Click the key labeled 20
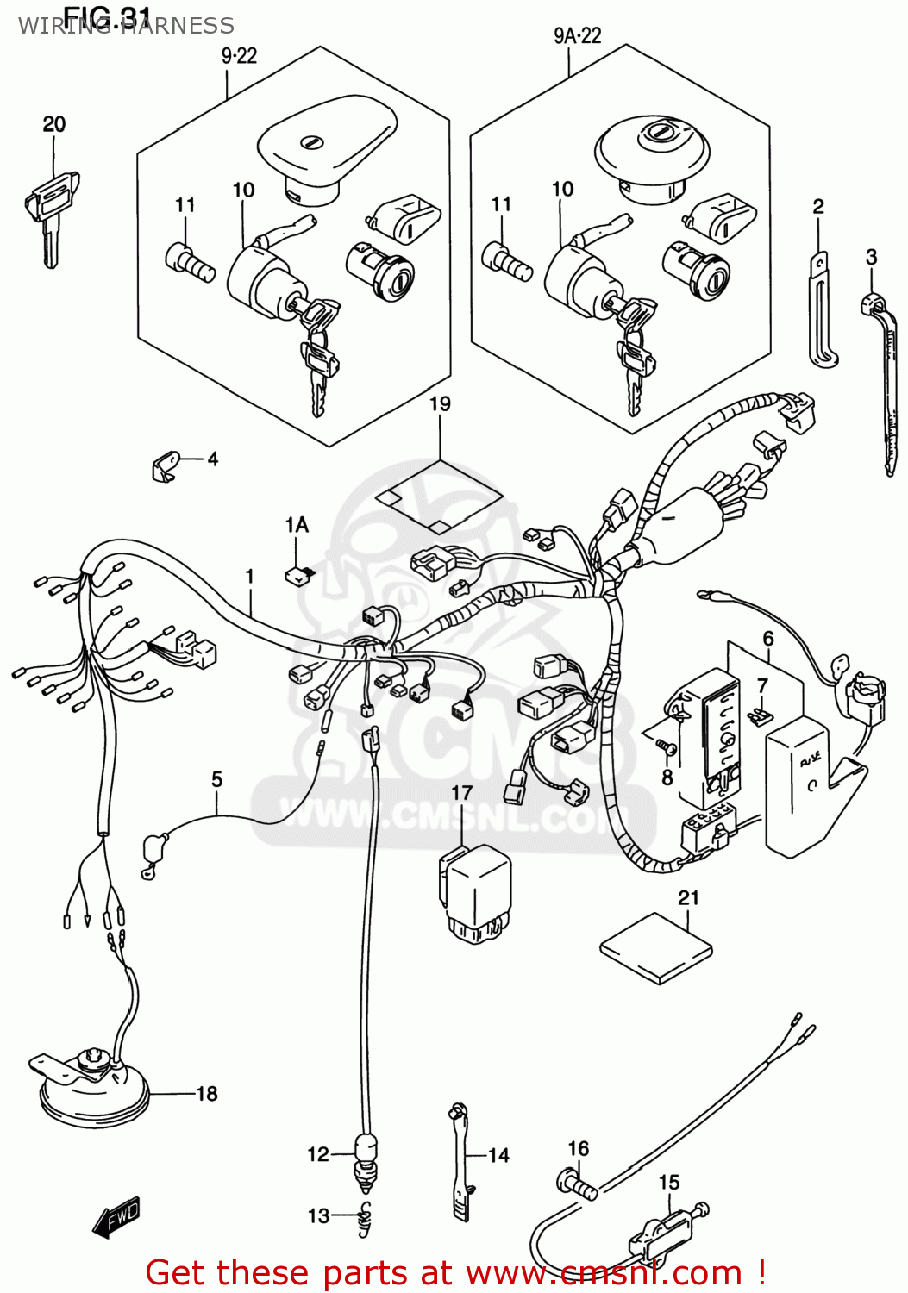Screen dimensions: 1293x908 pyautogui.click(x=52, y=215)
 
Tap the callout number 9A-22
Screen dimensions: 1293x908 pyautogui.click(x=577, y=35)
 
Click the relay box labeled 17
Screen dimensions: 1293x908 pyautogui.click(x=475, y=892)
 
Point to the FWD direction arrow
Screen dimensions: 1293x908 pyautogui.click(x=116, y=1218)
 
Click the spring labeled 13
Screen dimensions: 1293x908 pyautogui.click(x=366, y=1219)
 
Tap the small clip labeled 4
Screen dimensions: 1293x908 pyautogui.click(x=164, y=465)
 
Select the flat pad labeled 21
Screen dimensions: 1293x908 pyautogui.click(x=656, y=948)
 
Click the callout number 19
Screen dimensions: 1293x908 pyautogui.click(x=440, y=403)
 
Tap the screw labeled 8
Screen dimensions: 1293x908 pyautogui.click(x=667, y=746)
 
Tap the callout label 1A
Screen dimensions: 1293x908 pyautogui.click(x=297, y=525)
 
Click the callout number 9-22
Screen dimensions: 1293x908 pyautogui.click(x=239, y=55)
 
